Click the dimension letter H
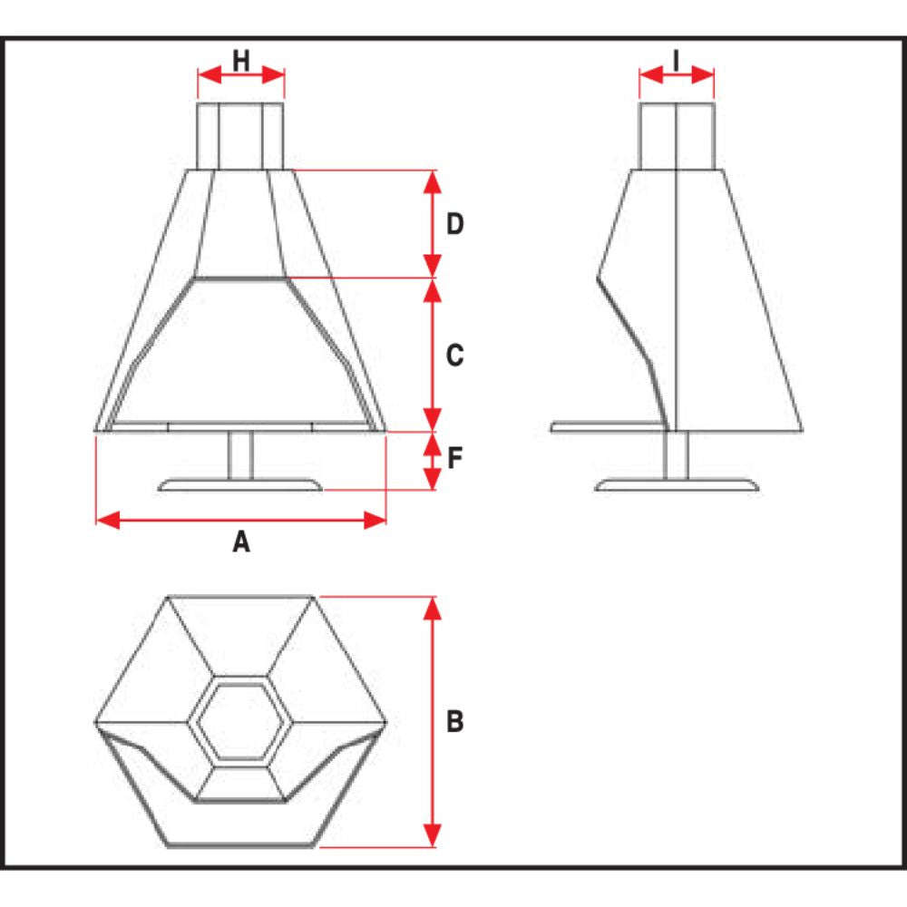tap(240, 61)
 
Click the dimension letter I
tap(677, 61)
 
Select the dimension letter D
tap(455, 224)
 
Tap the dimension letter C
tap(455, 355)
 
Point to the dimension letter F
tap(455, 458)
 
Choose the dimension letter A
tap(241, 542)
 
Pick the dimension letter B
tap(455, 721)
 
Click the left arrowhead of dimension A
tap(108, 520)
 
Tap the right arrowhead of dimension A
tap(375, 520)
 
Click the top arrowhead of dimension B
tap(433, 609)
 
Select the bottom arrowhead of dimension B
tap(433, 835)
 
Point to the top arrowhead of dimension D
tap(433, 182)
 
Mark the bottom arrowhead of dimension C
tap(433, 419)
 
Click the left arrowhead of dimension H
tap(210, 74)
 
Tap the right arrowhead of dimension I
tap(703, 74)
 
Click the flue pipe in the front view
tap(240, 137)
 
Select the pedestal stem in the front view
tap(240, 455)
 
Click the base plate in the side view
tap(677, 484)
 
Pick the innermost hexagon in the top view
tap(241, 722)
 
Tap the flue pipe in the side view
tap(677, 137)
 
